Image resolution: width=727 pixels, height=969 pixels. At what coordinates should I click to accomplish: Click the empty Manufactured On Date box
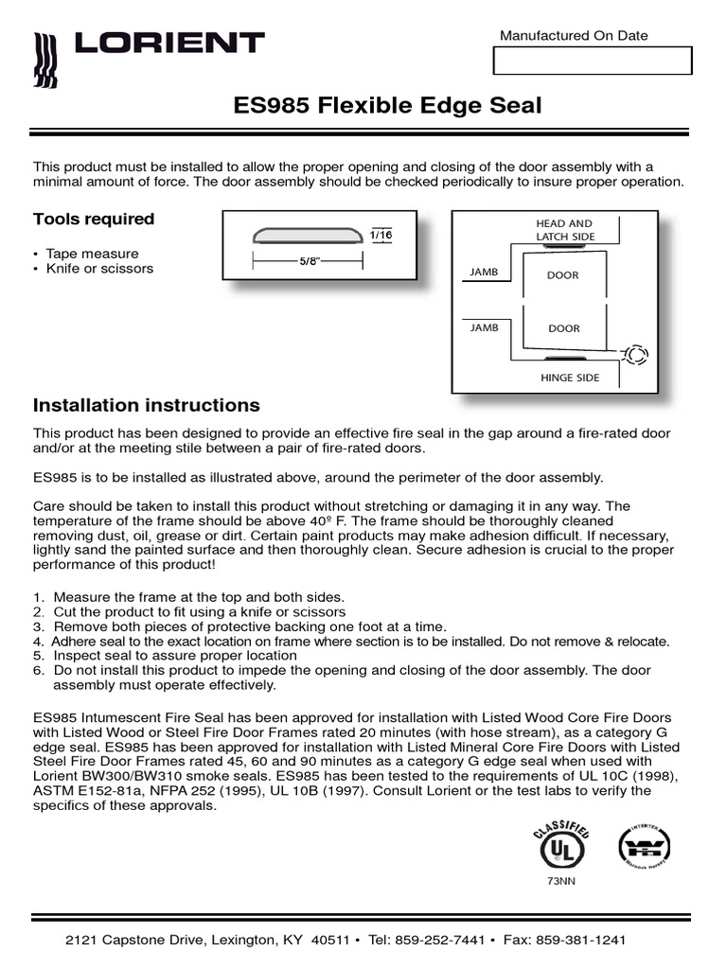(x=593, y=61)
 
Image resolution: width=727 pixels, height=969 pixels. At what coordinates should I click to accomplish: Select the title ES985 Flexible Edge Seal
(x=387, y=105)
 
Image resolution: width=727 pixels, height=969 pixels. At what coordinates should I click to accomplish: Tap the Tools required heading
(x=94, y=220)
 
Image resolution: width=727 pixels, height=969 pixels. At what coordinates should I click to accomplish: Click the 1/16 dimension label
(x=381, y=235)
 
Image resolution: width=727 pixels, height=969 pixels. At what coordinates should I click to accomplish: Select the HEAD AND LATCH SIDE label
(x=564, y=230)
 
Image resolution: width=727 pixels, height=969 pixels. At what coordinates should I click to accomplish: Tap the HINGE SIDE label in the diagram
(x=569, y=378)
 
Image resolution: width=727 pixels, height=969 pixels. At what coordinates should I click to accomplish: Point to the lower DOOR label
(x=564, y=329)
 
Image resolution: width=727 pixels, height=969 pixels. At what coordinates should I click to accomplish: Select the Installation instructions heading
(x=147, y=406)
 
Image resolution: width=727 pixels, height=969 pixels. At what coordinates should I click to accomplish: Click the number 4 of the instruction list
(x=38, y=642)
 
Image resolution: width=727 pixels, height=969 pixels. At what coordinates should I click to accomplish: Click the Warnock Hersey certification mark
(x=645, y=845)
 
